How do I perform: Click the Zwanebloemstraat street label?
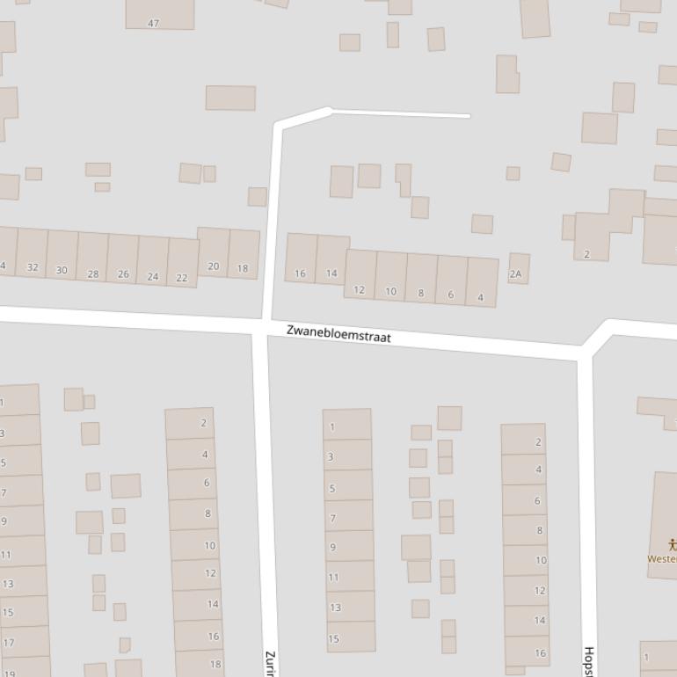338,334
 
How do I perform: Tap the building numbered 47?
159,14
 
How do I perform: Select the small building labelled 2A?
518,269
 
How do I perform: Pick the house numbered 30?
62,256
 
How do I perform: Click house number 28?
92,258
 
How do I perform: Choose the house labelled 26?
122,260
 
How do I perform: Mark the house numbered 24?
152,262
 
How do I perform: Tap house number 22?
182,264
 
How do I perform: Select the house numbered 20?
213,252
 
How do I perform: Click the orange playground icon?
672,545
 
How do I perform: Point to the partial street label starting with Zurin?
270,662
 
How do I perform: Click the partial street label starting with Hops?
588,661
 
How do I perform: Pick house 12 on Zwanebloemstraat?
360,274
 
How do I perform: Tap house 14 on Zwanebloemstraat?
332,259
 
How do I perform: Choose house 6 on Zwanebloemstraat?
450,280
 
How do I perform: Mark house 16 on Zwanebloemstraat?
301,258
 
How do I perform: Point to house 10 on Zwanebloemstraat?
390,277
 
